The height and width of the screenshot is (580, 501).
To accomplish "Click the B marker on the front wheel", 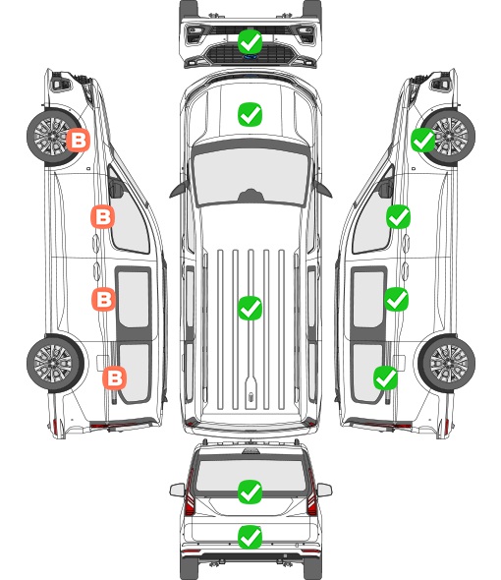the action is pos(78,140).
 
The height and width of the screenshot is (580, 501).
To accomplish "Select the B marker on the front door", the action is pos(102,216).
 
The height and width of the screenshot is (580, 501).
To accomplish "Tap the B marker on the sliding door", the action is pos(103,299).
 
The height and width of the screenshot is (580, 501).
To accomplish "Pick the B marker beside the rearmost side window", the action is pos(115,377).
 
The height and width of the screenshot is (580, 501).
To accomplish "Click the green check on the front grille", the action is pos(250,41).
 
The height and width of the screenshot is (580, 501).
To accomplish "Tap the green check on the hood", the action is pos(250,114).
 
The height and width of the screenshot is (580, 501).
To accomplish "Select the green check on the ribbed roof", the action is pos(250,308).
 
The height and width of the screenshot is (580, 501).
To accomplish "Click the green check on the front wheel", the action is pos(423,140).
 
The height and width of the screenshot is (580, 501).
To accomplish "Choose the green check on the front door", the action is pos(398,216).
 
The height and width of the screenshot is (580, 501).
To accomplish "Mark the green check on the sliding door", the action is pos(396,299).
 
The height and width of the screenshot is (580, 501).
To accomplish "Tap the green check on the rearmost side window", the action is pos(386,377).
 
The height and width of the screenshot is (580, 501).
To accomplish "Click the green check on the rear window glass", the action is pos(250,492).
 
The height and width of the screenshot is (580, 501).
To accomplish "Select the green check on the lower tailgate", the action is pos(250,537).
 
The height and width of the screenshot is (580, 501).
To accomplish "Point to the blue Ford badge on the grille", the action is pos(250,57).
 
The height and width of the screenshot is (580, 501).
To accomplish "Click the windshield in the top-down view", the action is pos(250,175).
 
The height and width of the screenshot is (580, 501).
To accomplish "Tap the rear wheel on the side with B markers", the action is pos(55,363).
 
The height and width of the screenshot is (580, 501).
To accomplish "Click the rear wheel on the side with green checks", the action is pos(447,363).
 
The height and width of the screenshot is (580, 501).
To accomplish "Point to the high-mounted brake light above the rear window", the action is pos(250,450).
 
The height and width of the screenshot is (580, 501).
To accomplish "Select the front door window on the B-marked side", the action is pos(128,218).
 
